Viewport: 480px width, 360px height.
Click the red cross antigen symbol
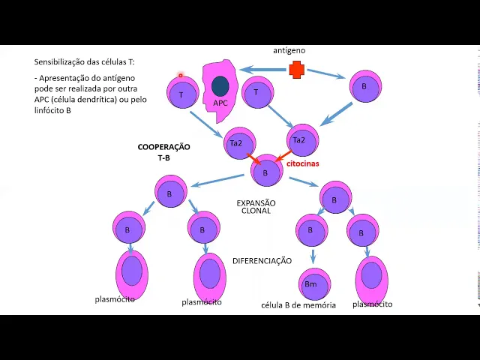(297, 70)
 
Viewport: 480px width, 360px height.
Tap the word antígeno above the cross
(289, 50)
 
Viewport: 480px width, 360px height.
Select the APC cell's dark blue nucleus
(220, 86)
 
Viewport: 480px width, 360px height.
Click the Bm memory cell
(310, 284)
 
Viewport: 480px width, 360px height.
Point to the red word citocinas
(303, 162)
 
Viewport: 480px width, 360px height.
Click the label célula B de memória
(298, 305)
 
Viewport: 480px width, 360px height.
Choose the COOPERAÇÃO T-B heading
(163, 152)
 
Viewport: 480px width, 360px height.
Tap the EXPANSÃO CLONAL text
(256, 207)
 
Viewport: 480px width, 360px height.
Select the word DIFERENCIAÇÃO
(262, 261)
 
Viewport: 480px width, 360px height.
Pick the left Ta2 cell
(235, 143)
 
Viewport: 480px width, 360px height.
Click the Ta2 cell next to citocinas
(299, 140)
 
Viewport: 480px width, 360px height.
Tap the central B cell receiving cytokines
(265, 173)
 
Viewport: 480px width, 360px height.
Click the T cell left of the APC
(181, 95)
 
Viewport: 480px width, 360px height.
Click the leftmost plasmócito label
(115, 299)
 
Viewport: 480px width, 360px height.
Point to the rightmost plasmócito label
(372, 304)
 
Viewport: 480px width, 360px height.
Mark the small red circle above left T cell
(181, 75)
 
